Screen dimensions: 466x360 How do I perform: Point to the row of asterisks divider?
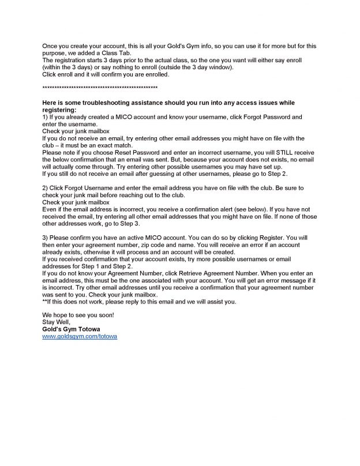100,88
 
